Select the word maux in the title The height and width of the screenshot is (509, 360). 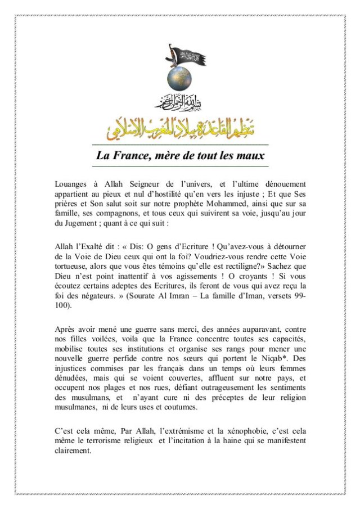pyautogui.click(x=249, y=156)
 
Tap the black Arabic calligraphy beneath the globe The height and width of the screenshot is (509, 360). pyautogui.click(x=179, y=102)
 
